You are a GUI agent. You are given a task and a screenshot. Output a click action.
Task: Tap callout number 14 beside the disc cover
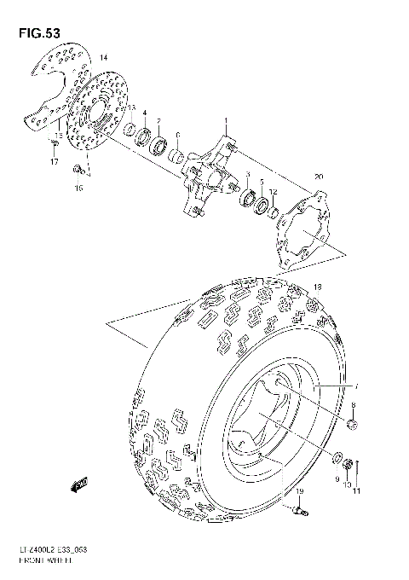[x=104, y=57]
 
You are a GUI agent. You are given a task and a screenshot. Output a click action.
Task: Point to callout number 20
[x=318, y=177]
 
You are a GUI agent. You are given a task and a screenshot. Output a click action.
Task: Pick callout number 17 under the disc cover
[x=53, y=161]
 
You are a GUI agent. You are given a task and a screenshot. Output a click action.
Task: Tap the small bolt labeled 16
[x=78, y=167]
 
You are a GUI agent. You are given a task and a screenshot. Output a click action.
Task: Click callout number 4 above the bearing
[x=145, y=114]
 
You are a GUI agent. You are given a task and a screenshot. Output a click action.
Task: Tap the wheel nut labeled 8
[x=352, y=424]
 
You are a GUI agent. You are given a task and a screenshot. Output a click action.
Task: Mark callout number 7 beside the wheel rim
[x=356, y=387]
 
